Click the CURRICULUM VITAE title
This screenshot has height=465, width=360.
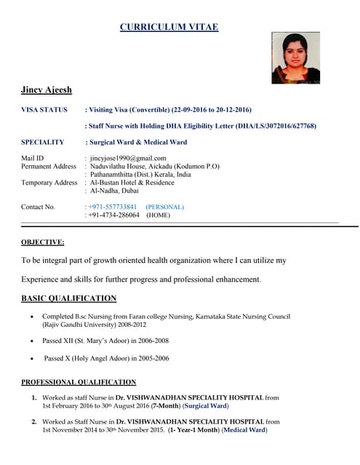click(169, 28)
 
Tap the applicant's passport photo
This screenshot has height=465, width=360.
click(295, 58)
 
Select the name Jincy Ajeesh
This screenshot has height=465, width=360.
click(47, 90)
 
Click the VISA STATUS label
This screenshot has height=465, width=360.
click(44, 110)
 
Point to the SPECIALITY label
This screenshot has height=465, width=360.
click(43, 142)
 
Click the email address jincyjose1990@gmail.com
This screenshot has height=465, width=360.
click(128, 158)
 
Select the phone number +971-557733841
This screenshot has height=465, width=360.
click(113, 207)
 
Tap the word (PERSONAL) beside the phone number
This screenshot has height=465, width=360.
click(164, 207)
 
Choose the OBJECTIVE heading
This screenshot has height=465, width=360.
click(42, 242)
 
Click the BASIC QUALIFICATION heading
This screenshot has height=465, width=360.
click(68, 298)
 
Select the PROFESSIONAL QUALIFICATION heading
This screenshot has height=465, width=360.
click(79, 382)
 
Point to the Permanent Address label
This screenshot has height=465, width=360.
click(49, 166)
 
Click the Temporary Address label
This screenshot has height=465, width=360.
click(49, 182)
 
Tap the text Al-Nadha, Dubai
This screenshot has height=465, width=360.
click(115, 191)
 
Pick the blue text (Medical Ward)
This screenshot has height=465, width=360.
click(244, 430)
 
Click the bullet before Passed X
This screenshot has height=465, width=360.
click(31, 358)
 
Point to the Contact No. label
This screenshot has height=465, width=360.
click(38, 207)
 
